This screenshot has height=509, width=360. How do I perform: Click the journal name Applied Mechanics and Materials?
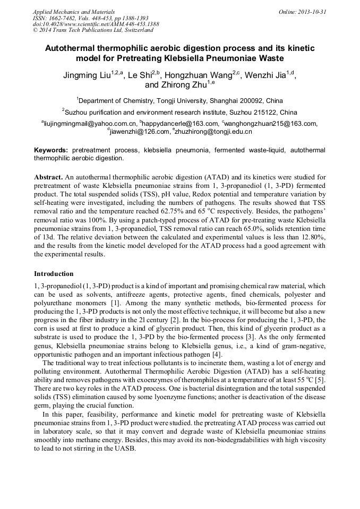(74, 12)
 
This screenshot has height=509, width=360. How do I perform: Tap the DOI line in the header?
(96, 24)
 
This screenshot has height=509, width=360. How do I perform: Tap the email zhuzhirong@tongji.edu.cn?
(212, 131)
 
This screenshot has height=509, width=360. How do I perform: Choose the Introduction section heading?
(54, 274)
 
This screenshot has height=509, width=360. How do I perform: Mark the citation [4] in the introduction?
(217, 353)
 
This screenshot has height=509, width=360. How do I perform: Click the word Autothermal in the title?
(70, 48)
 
